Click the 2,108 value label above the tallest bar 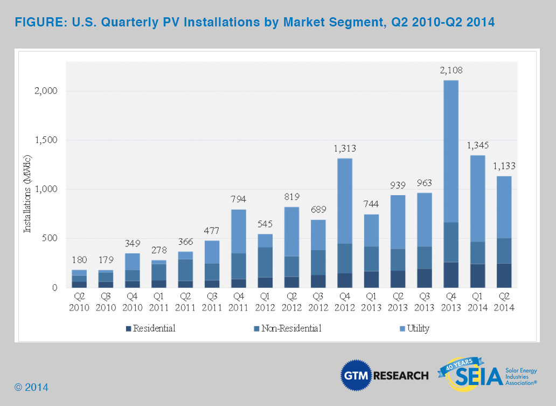[x=451, y=70]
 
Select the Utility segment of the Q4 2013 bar [x=451, y=151]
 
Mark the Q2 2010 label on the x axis [x=79, y=302]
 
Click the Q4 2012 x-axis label [x=345, y=302]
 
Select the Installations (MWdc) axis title [x=27, y=194]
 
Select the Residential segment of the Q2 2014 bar [x=504, y=276]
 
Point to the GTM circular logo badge [x=355, y=375]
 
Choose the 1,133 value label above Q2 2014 [x=504, y=166]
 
